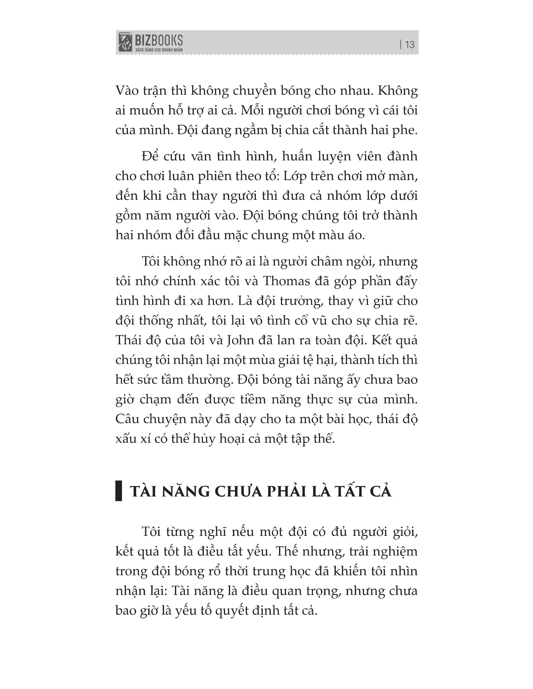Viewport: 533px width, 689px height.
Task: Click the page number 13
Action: pos(409,45)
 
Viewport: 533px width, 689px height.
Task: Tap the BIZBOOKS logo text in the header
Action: pos(159,40)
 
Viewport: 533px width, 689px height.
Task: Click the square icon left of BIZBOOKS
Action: pos(125,42)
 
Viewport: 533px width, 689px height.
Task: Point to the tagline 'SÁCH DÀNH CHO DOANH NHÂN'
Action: pos(159,50)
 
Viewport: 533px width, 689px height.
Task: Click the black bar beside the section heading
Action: pos(119,491)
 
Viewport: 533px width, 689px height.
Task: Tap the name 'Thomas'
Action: pos(286,281)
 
